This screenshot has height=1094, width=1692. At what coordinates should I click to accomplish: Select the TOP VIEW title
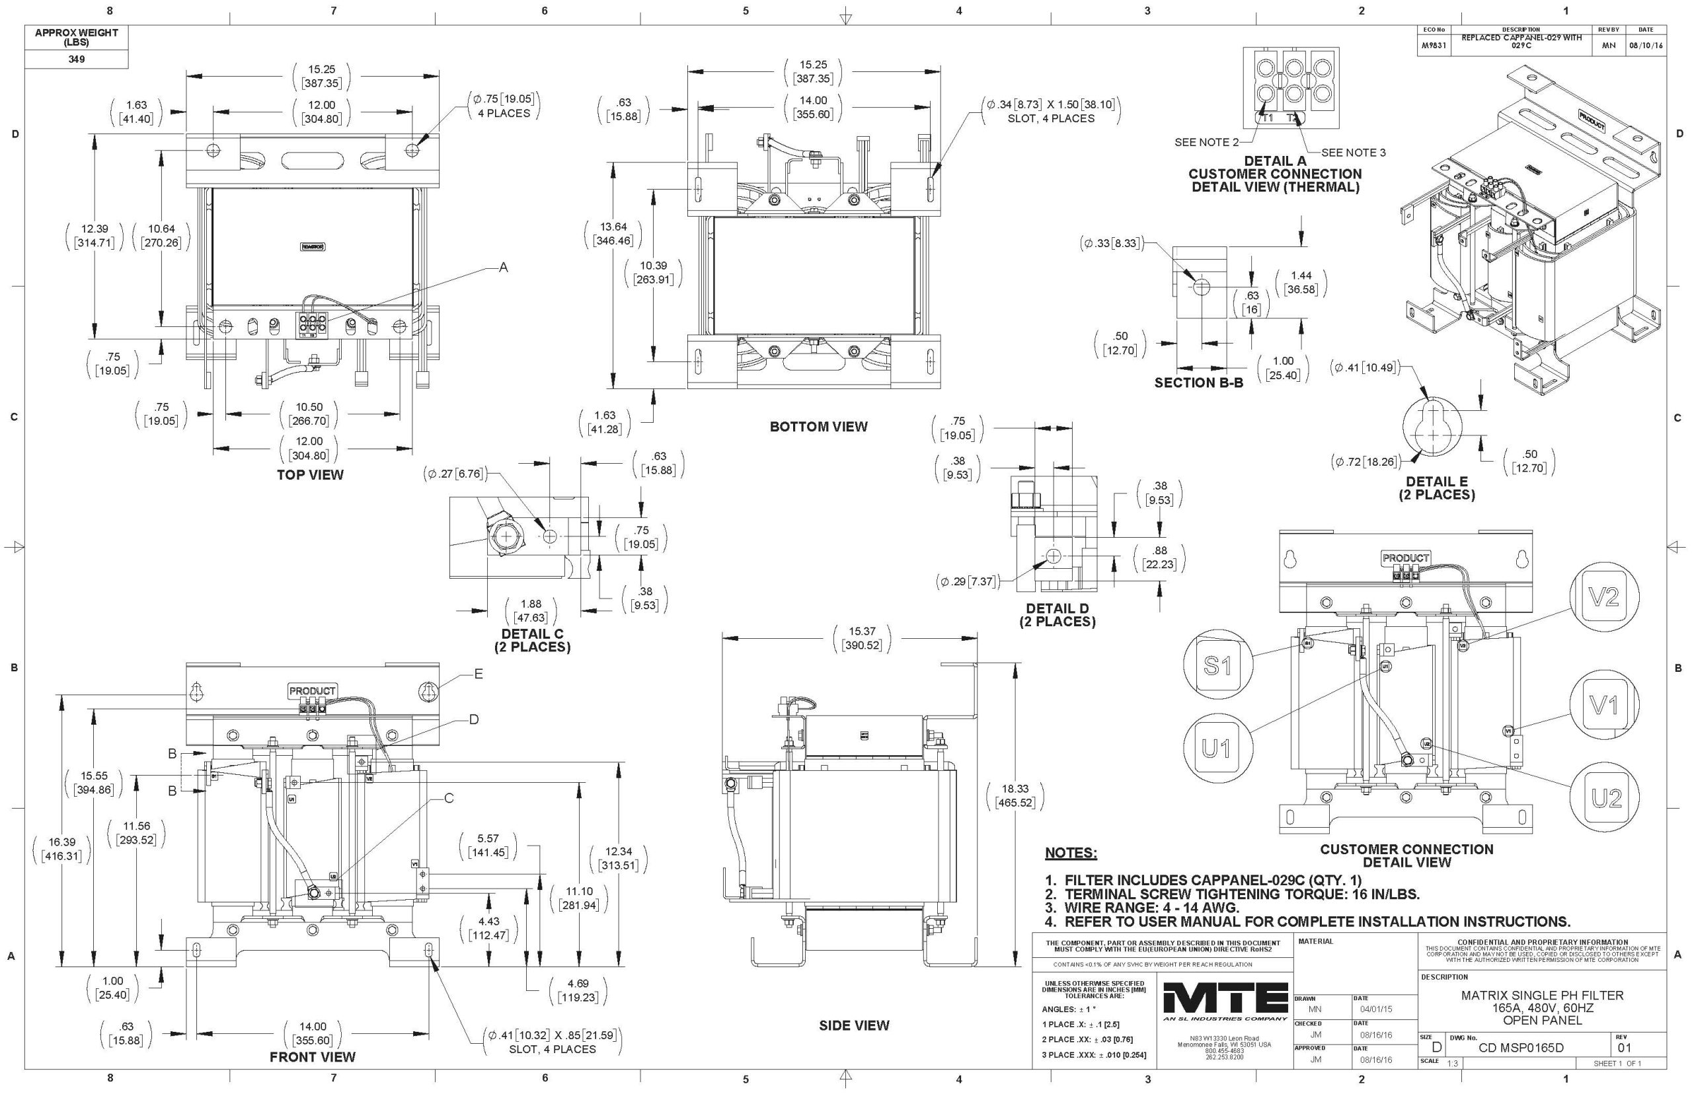click(x=310, y=474)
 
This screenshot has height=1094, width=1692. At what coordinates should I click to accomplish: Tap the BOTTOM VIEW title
click(x=818, y=426)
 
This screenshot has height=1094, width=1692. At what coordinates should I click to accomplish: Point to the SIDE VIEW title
click(x=853, y=1025)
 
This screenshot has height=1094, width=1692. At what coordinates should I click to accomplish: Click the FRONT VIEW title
click(x=312, y=1056)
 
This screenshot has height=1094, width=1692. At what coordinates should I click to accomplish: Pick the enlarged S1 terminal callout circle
click(x=1217, y=665)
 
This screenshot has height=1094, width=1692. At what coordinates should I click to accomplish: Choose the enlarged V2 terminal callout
click(x=1604, y=597)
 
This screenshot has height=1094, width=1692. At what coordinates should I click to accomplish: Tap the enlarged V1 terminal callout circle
click(x=1604, y=705)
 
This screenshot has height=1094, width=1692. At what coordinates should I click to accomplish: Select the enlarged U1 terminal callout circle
click(x=1218, y=748)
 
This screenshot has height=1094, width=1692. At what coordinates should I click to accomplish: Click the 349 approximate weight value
click(x=76, y=59)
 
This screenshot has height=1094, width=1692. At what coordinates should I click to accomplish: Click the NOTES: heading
click(x=1070, y=852)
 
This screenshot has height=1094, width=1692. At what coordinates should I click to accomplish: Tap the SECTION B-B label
click(x=1198, y=383)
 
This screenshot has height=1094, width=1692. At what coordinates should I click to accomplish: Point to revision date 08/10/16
click(x=1645, y=44)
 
